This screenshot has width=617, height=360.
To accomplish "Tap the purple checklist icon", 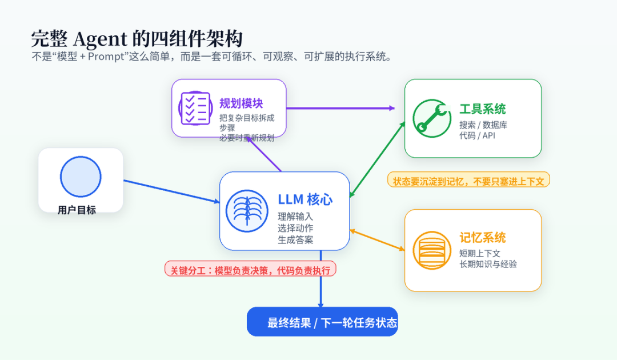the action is click(x=195, y=108).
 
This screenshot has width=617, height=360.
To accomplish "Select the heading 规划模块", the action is click(x=241, y=103).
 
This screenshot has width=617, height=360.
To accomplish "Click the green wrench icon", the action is click(x=432, y=118).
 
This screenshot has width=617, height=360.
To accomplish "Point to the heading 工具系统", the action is click(x=482, y=109).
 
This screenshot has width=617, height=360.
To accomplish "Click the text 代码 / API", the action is click(x=477, y=136).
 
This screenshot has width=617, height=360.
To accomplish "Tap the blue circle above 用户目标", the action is click(x=81, y=177).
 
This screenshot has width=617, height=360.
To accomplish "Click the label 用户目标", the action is click(x=77, y=210).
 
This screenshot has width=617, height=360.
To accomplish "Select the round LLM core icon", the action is click(x=247, y=211).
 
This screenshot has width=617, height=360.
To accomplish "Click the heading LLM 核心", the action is click(x=305, y=199).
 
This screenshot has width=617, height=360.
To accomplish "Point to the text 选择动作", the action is click(x=295, y=228).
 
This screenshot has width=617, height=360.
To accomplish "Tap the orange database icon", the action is click(x=432, y=250).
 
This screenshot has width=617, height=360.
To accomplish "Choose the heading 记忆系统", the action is click(x=482, y=238).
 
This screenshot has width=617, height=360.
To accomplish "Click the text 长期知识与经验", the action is click(x=488, y=264).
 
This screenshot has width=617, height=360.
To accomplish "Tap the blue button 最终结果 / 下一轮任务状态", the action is click(x=322, y=322).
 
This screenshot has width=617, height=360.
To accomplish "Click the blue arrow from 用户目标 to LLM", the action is click(x=171, y=191).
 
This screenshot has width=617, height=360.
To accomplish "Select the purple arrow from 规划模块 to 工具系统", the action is click(x=340, y=108).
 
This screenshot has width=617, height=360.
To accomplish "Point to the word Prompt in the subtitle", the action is click(x=106, y=57).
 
